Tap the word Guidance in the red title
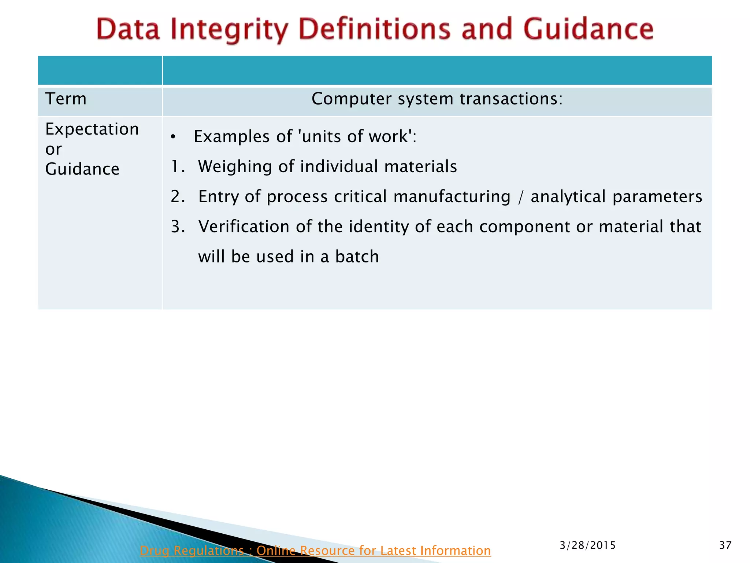point(588,29)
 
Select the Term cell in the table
point(66,99)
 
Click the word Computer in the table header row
point(351,99)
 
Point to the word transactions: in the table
point(511,99)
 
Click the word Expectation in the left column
point(92,129)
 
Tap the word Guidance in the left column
point(82,169)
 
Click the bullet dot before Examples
point(173,137)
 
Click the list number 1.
point(177,167)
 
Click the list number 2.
point(178,197)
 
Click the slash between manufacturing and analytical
point(520,197)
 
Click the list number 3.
point(178,227)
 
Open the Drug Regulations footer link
point(315,551)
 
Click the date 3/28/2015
point(587,545)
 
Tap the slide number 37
point(725,545)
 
